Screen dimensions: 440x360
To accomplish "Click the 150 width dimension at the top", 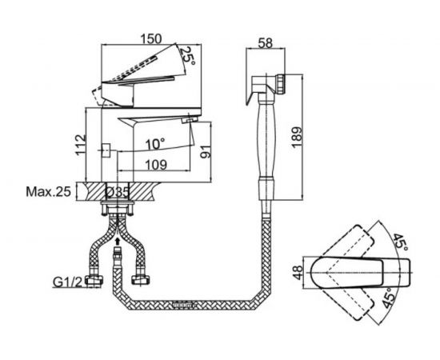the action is coord(151,38).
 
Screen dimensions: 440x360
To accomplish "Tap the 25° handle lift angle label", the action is coord(187,55).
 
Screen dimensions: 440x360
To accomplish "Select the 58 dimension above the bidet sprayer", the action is coord(265,43).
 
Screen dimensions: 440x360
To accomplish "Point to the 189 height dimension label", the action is coord(297,138).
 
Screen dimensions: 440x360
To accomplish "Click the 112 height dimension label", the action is coord(80,145).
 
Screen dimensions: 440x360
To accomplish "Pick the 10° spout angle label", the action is coord(155,144).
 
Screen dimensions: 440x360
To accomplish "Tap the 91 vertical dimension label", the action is coord(206,152).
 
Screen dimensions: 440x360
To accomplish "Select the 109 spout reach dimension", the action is coord(156,165).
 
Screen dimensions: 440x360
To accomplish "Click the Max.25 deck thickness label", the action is coord(48,192).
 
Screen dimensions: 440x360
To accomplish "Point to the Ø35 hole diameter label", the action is coord(118,193).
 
